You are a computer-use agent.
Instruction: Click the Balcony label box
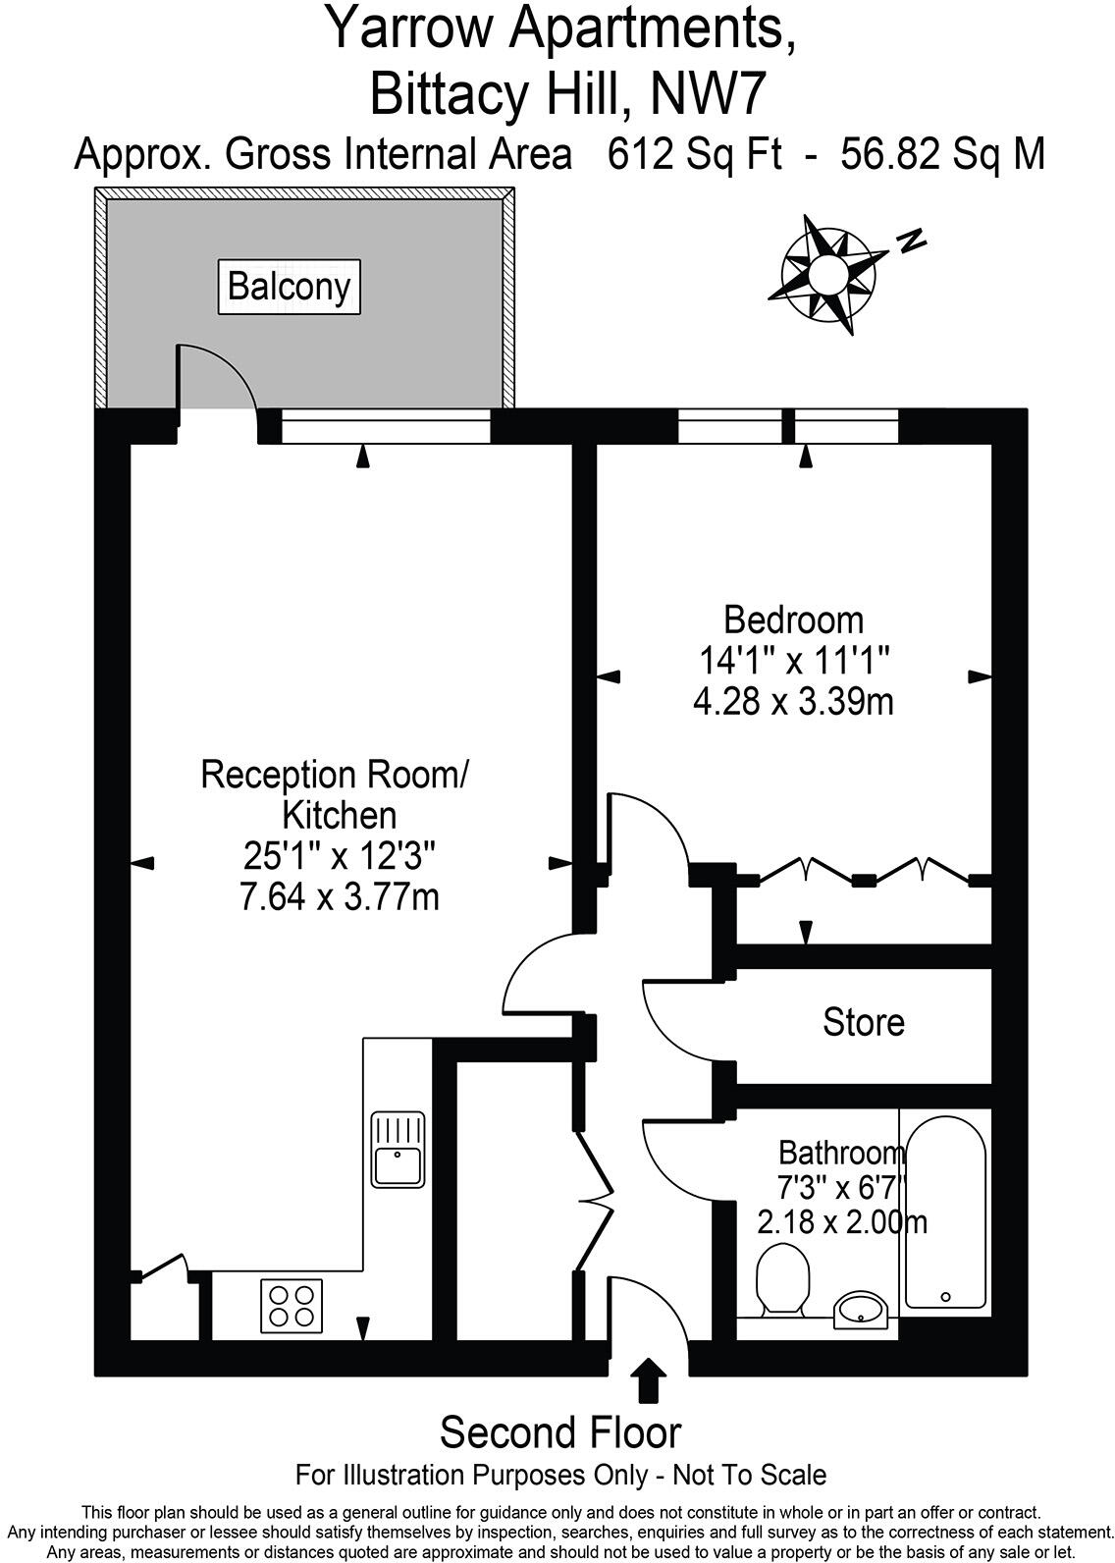pos(289,287)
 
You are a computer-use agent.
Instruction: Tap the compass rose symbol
pos(827,272)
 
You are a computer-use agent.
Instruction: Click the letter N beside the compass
pos(913,240)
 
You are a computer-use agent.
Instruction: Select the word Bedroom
pos(793,620)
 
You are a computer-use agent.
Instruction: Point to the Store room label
pos(863,1022)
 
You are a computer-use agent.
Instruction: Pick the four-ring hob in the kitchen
pos(292,1305)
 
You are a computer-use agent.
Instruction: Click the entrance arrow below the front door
pos(647,1379)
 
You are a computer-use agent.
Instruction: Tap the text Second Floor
pos(559,1432)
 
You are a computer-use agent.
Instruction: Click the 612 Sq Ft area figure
pos(694,154)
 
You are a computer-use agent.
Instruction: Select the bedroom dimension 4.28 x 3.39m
pos(793,702)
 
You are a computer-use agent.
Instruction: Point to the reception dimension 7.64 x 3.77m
pos(339,896)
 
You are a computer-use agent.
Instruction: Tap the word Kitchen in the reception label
pos(339,815)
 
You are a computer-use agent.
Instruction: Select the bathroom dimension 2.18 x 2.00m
pos(842,1222)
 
